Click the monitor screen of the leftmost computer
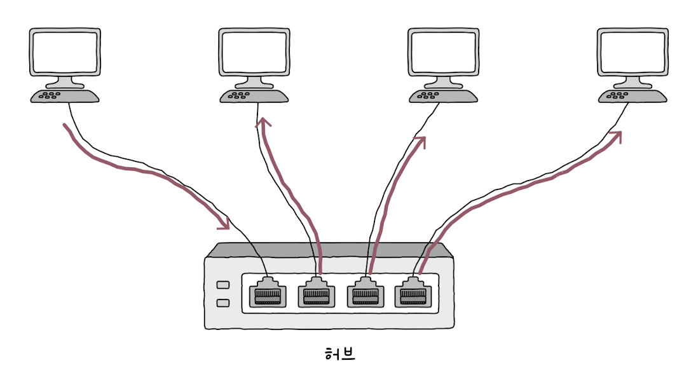[x=65, y=52]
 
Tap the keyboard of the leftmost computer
[x=65, y=96]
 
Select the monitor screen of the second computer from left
[x=254, y=52]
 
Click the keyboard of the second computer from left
[x=254, y=96]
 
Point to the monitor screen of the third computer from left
[x=444, y=52]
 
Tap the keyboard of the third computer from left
[x=444, y=96]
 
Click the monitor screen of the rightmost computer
[x=633, y=52]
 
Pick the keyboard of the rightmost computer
[x=633, y=96]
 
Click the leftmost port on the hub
[x=268, y=294]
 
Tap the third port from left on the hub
[x=365, y=294]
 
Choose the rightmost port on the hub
[x=413, y=294]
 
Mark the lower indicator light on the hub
[x=222, y=303]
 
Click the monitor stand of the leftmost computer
[x=65, y=82]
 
